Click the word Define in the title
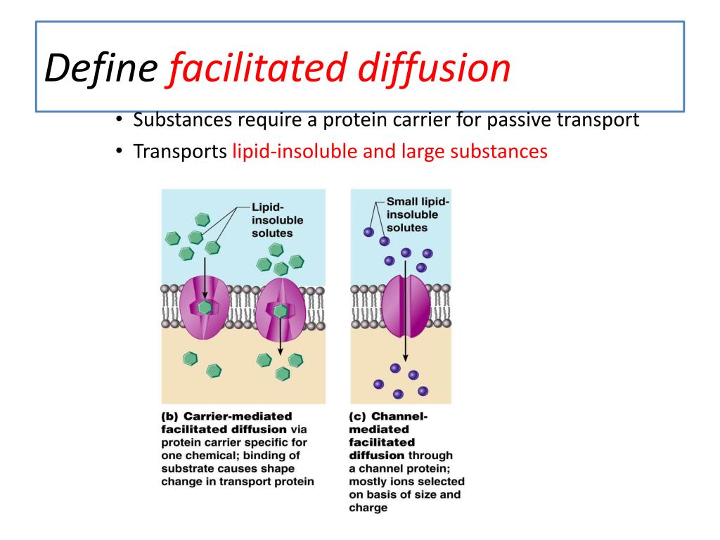pos(101,68)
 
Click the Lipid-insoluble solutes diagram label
pos(271,220)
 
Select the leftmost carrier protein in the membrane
pos(204,308)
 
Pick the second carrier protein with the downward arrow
pos(280,309)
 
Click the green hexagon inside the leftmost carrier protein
pos(205,307)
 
